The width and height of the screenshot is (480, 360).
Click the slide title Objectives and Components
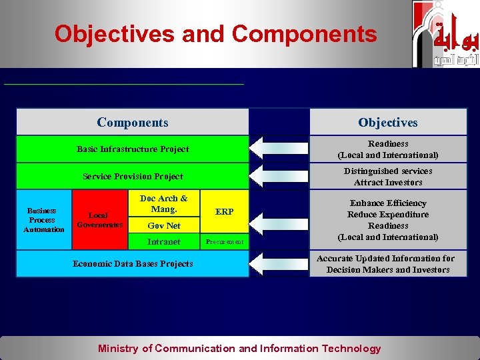(x=215, y=33)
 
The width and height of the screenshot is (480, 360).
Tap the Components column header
(x=133, y=122)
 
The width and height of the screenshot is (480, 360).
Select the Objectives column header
(x=387, y=122)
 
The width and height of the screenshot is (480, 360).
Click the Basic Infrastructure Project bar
(x=133, y=149)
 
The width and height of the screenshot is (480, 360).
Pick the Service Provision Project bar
(x=133, y=177)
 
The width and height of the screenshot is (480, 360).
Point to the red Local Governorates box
(x=99, y=220)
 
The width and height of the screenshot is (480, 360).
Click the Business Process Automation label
(x=43, y=220)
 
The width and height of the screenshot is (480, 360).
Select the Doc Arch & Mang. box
(x=163, y=203)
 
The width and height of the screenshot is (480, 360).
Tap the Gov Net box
(x=163, y=226)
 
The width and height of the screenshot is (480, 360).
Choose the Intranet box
(x=163, y=242)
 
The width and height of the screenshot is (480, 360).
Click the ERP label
(x=225, y=211)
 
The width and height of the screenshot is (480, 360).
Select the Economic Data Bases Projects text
(x=133, y=263)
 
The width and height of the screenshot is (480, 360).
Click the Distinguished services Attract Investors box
(x=388, y=177)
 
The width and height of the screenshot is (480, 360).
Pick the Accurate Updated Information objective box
(x=388, y=264)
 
